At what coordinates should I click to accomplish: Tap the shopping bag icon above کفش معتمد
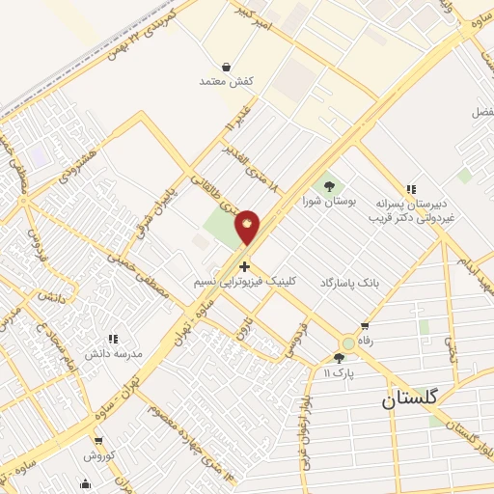pos(226,68)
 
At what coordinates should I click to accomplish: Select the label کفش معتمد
pos(226,82)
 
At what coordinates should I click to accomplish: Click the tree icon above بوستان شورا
pos(329,186)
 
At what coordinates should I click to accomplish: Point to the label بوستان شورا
pos(330,201)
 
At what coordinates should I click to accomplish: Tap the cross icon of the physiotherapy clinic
pos(244,266)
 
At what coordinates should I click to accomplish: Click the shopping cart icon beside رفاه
pos(364,326)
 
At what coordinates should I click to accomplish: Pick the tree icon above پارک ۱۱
pos(339,358)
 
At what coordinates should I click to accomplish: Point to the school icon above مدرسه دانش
pos(113,339)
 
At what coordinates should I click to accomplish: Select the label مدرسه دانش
pos(114,353)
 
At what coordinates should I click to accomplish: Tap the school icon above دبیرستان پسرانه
pos(411,189)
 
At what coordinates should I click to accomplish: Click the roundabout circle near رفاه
pos(347,343)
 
